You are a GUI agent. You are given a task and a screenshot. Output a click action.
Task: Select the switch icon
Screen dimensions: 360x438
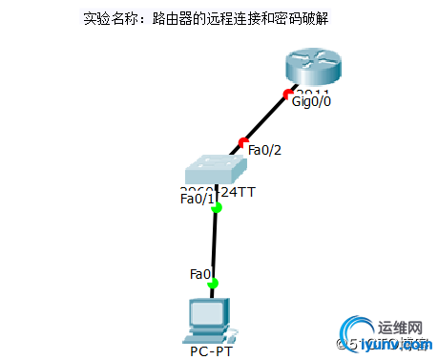coord(219,170)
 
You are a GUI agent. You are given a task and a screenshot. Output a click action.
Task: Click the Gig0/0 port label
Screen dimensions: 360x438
coord(311,101)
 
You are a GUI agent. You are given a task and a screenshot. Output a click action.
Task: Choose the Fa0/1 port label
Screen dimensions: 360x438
coord(197,199)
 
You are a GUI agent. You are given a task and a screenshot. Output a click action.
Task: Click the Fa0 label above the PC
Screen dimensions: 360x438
coord(199,274)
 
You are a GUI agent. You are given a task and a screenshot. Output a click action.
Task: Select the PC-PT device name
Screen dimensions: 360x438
coord(211,351)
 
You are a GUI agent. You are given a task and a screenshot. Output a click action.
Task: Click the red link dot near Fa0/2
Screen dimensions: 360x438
coord(242,142)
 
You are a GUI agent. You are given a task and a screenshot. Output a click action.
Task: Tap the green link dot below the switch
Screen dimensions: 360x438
coord(217,207)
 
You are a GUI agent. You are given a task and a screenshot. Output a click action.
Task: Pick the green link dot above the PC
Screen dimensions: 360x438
coord(213,283)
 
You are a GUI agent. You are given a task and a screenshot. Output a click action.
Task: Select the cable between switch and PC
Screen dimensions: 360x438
coord(215,244)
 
